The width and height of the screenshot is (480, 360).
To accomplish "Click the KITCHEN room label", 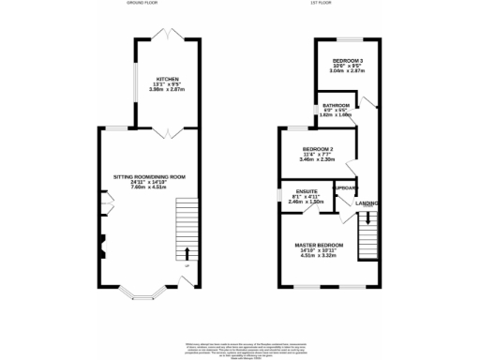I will click(168, 80).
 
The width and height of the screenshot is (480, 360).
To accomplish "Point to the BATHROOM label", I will click(337, 105).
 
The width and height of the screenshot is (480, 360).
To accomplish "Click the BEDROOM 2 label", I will click(317, 149).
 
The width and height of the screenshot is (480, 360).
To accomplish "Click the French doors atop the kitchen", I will click(169, 35).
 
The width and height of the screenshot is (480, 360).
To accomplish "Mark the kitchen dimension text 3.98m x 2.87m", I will click(168, 91).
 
